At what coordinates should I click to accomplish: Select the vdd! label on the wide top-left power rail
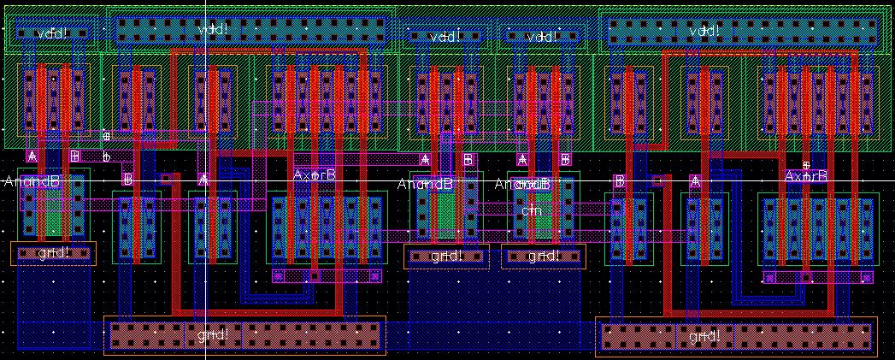[x=213, y=30]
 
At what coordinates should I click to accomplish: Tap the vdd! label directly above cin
[x=542, y=37]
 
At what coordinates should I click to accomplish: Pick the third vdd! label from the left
[x=445, y=37]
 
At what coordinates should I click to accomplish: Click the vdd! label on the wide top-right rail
[x=705, y=30]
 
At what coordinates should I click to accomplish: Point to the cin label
[x=532, y=210]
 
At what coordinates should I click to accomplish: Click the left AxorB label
[x=315, y=174]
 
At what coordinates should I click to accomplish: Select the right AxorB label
[x=806, y=175]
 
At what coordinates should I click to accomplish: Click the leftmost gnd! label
[x=53, y=253]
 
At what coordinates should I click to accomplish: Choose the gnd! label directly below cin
[x=543, y=257]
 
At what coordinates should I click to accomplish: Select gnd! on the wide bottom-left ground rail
[x=213, y=334]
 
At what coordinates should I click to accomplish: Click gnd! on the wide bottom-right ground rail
[x=705, y=337]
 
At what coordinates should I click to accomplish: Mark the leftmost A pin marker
[x=32, y=156]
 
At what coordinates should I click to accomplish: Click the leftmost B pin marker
[x=75, y=156]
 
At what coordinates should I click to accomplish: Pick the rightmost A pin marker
[x=695, y=180]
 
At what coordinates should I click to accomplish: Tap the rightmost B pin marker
[x=620, y=180]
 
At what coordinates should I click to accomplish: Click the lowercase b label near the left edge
[x=106, y=157]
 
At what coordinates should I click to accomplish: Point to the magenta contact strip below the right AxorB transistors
[x=818, y=277]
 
